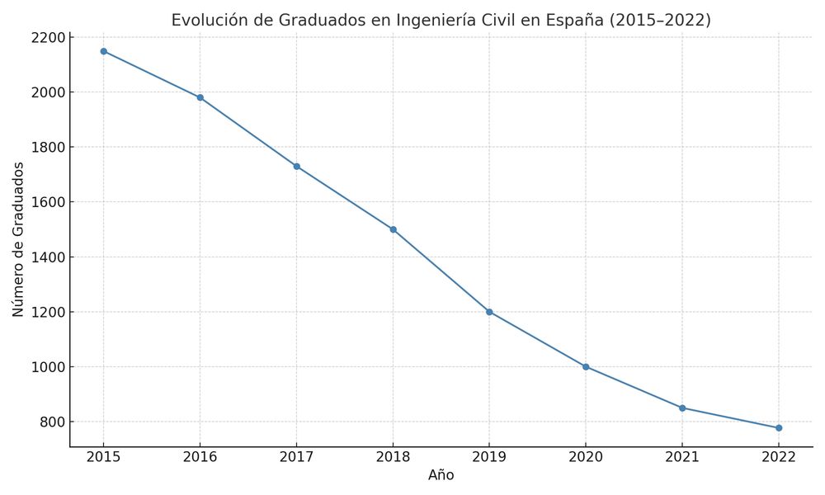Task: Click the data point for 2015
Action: (x=103, y=51)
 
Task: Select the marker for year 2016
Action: (x=200, y=97)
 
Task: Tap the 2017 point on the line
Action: (x=296, y=167)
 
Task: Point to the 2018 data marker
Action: (x=393, y=229)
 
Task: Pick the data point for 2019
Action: (x=489, y=312)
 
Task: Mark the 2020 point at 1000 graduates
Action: (x=586, y=366)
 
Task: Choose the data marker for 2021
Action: (x=682, y=408)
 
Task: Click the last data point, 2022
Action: (x=779, y=427)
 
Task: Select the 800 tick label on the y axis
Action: (x=51, y=422)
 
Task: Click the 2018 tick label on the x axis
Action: (x=393, y=456)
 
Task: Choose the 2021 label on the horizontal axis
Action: (x=682, y=456)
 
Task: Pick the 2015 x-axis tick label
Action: (x=103, y=456)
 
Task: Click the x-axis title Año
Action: (x=441, y=475)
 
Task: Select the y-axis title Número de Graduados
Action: (x=19, y=239)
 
